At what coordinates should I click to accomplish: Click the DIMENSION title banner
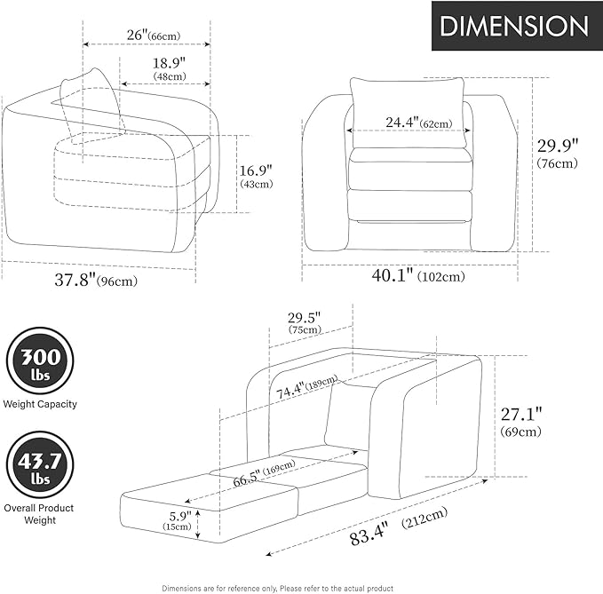click(x=515, y=26)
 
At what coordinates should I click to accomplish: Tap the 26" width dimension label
click(x=154, y=36)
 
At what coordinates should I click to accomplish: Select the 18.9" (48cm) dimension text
click(x=170, y=68)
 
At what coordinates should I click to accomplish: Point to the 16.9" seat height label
click(x=256, y=176)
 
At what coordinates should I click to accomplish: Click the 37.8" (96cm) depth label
click(x=96, y=280)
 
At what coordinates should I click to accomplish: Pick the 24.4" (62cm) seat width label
click(x=419, y=123)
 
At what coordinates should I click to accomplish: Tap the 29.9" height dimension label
click(x=557, y=153)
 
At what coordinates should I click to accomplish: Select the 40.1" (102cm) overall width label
click(x=418, y=275)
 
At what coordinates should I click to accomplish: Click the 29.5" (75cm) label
click(x=305, y=322)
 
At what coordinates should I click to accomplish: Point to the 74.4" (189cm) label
click(x=307, y=386)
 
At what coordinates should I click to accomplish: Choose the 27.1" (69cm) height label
click(x=521, y=422)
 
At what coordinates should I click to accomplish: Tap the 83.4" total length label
click(x=399, y=526)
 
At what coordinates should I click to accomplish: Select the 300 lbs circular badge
click(x=40, y=360)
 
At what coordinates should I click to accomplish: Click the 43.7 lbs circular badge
click(x=40, y=465)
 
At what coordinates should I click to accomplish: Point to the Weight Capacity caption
click(x=40, y=404)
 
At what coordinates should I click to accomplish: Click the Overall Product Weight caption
click(x=39, y=514)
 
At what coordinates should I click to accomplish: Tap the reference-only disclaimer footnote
click(x=278, y=589)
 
